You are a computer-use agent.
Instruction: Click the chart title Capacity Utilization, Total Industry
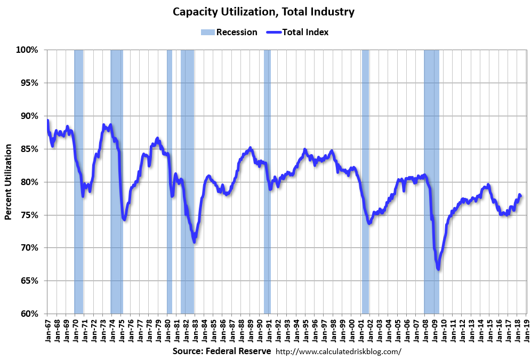click(x=263, y=11)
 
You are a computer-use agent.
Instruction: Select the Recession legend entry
click(x=229, y=32)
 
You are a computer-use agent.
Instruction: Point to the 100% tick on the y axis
click(x=27, y=50)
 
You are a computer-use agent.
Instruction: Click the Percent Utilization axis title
click(x=9, y=182)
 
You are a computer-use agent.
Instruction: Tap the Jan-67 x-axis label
click(x=47, y=330)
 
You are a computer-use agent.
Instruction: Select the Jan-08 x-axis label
click(x=426, y=330)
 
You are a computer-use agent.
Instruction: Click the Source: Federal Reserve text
click(x=221, y=351)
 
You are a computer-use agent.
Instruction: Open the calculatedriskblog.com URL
click(x=338, y=352)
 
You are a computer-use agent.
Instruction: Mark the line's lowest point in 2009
click(x=438, y=269)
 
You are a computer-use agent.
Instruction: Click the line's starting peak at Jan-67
click(x=47, y=120)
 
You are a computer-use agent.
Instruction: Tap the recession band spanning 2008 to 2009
click(x=431, y=181)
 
